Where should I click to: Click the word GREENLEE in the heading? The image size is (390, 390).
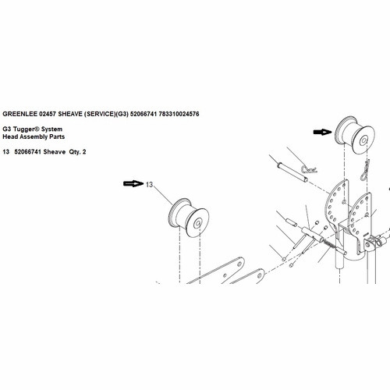[x=20, y=114]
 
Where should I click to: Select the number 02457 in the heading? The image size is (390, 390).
[x=48, y=114]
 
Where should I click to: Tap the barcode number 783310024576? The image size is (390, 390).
[x=179, y=114]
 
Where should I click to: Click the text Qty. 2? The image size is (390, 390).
[x=77, y=152]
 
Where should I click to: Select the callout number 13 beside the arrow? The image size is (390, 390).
[x=149, y=185]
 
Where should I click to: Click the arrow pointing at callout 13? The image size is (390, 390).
[x=133, y=183]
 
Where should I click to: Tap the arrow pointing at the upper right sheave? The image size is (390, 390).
[x=323, y=132]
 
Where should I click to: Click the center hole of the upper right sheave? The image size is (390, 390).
[x=363, y=141]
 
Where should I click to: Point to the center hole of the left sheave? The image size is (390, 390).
[x=197, y=223]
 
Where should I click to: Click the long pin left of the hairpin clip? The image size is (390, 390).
[x=292, y=172]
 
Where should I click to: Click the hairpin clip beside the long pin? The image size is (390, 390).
[x=309, y=169]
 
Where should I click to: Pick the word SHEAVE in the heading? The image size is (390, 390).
[x=70, y=114]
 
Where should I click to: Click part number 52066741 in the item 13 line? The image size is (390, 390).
[x=28, y=152]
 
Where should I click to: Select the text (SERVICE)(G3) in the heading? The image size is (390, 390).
[x=106, y=114]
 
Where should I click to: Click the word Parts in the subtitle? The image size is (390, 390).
[x=58, y=136]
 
